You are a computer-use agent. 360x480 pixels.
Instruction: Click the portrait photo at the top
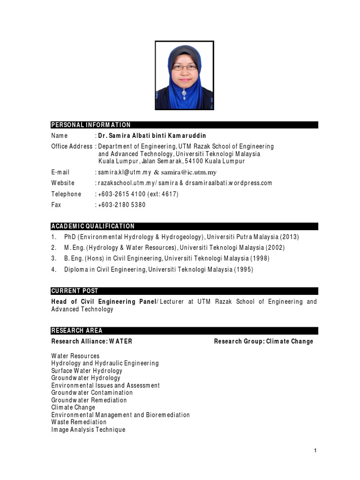click(x=185, y=75)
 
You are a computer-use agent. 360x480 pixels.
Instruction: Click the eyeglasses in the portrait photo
click(x=184, y=67)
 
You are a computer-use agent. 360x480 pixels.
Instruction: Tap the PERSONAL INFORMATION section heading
click(x=91, y=125)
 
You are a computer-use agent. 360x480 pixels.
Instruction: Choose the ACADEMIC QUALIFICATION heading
click(x=93, y=226)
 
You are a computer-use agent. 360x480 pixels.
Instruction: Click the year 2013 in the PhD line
click(x=289, y=237)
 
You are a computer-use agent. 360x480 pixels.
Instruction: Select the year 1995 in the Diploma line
click(x=247, y=269)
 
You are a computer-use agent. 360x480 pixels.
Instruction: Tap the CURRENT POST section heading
click(x=75, y=291)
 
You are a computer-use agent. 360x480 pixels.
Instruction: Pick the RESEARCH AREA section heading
click(x=77, y=330)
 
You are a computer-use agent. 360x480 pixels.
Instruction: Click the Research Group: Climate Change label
click(x=263, y=341)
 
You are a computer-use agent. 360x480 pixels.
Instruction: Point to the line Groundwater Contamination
click(x=92, y=393)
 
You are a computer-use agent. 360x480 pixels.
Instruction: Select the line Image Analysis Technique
click(x=88, y=429)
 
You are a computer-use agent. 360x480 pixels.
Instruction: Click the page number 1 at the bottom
click(x=315, y=450)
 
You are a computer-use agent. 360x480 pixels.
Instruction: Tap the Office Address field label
click(x=72, y=146)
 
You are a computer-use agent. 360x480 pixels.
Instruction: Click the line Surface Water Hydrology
click(x=87, y=371)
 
